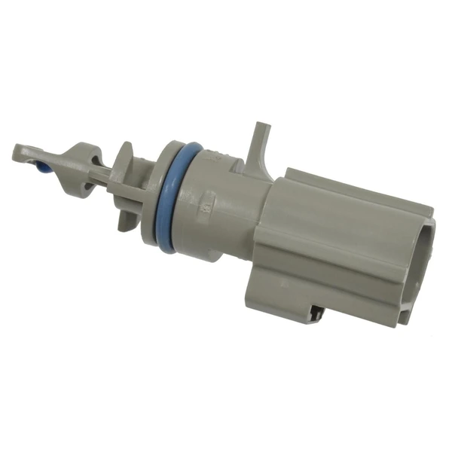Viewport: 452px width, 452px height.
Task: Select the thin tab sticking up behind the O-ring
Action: tap(261, 143)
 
